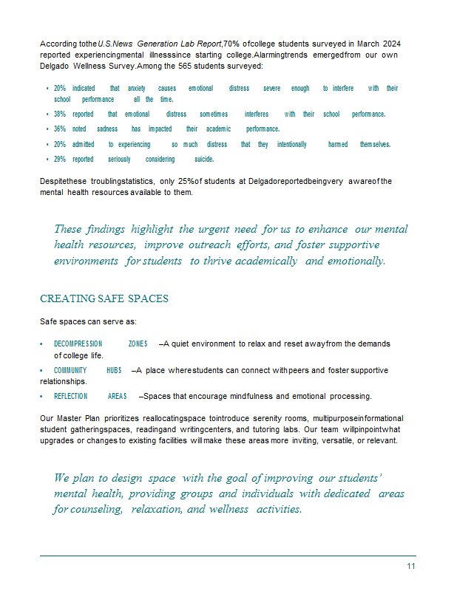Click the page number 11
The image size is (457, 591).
[x=410, y=567]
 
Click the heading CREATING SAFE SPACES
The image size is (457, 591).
[x=104, y=299]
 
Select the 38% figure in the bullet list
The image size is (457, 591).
[x=60, y=115]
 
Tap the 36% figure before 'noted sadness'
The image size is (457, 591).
[x=60, y=129]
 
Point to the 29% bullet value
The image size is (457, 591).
[x=60, y=159]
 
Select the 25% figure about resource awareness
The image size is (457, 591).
[x=186, y=181]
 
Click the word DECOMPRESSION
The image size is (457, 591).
[x=78, y=344]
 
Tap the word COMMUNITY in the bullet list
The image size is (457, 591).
[x=70, y=370]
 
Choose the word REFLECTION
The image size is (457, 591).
[x=70, y=396]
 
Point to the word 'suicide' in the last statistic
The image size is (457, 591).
[x=204, y=159]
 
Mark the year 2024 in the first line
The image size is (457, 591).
[x=390, y=44]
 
